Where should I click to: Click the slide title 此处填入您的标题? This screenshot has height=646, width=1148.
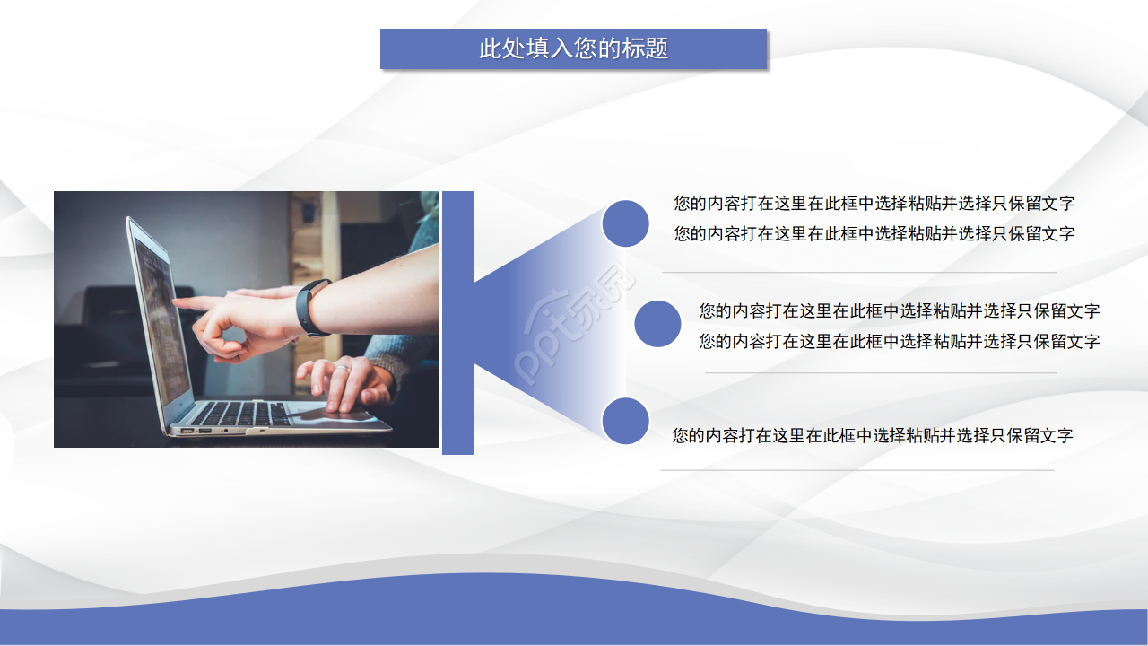[x=574, y=48]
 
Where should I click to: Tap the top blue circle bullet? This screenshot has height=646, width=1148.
[x=625, y=223]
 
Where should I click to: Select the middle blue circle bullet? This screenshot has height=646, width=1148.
[x=657, y=324]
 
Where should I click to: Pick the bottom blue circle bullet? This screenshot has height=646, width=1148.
[x=625, y=422]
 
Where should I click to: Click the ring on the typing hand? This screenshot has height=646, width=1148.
[x=342, y=368]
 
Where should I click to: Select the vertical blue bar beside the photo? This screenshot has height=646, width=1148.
[x=457, y=323]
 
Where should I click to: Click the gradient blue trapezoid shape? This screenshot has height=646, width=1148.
[x=547, y=323]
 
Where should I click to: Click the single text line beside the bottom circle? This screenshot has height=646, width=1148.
[x=873, y=436]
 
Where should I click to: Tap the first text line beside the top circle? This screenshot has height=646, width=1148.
[x=874, y=204]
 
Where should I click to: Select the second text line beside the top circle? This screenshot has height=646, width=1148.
[x=874, y=234]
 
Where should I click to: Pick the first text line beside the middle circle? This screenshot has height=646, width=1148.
[x=899, y=311]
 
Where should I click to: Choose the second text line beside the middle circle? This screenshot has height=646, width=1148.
[x=899, y=342]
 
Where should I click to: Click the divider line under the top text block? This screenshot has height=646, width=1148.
[x=859, y=272]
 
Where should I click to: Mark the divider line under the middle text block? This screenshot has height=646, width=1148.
[x=880, y=372]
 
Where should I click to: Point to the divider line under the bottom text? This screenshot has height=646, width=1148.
[x=857, y=469]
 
